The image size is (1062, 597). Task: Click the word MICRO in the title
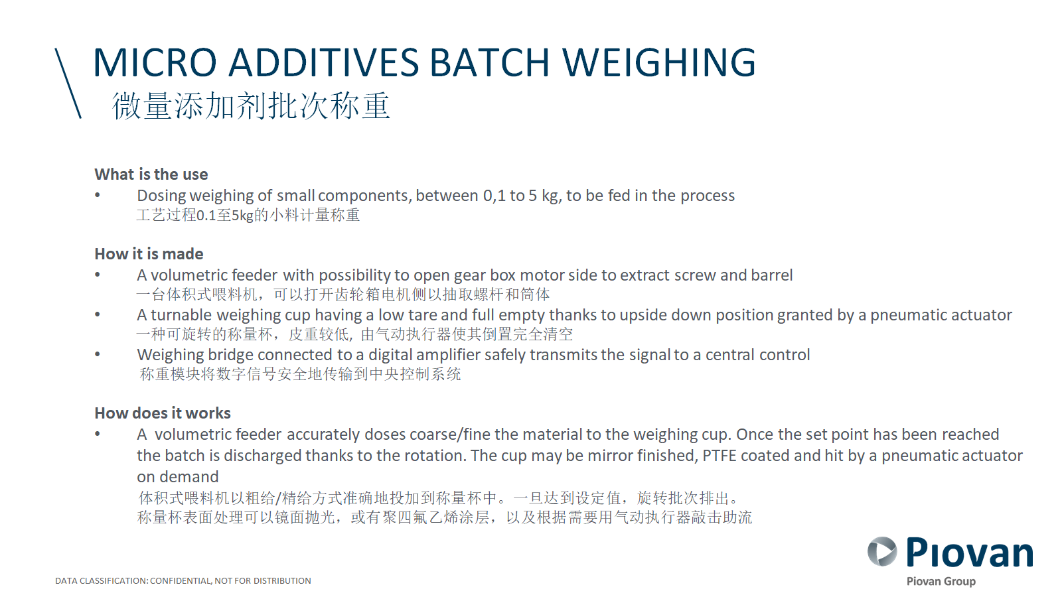coord(155,62)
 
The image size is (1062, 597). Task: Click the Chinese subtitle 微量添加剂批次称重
coord(251,105)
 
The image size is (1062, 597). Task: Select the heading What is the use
coord(151,174)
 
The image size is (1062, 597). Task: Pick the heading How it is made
coord(149,254)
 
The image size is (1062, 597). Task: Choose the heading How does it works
coord(163,413)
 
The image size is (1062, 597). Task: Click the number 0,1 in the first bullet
coord(494,196)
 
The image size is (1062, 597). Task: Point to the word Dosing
coord(161,196)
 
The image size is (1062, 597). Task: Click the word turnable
coord(182,315)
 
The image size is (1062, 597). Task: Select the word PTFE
coord(720,456)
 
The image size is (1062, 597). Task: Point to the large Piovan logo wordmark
coord(970,553)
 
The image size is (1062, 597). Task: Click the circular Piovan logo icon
coord(882,551)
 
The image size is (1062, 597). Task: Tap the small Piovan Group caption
coord(941,581)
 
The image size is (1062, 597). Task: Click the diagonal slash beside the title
coord(68,83)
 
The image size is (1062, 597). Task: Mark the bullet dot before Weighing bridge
coord(98,354)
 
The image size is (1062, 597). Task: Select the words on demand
coord(178,477)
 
